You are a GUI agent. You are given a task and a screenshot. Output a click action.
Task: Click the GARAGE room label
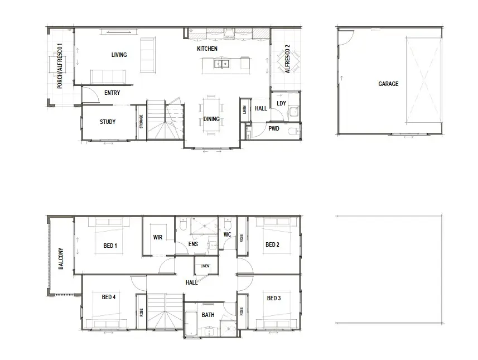point(388,84)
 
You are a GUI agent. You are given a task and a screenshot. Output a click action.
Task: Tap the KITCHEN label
point(207,49)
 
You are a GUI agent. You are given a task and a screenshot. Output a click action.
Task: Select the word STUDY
point(108,122)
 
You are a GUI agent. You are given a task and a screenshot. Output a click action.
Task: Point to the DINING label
point(211,119)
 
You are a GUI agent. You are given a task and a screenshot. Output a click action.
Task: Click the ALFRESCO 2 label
point(287,59)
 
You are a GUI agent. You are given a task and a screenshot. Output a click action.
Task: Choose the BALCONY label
point(61,258)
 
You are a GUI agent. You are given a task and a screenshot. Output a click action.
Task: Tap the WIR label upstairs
point(158,237)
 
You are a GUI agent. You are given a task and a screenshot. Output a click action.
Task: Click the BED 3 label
point(274,298)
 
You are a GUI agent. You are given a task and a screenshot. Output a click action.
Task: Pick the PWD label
point(274,128)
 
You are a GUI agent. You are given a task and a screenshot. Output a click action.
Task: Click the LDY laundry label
point(281,103)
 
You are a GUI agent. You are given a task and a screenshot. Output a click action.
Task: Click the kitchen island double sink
point(221,64)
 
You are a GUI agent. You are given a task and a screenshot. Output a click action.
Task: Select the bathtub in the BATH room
point(191,323)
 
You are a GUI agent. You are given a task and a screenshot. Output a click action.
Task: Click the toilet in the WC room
point(228,225)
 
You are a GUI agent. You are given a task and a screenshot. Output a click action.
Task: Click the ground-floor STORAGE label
point(141,122)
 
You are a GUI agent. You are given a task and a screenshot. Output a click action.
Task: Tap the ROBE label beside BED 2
point(242,238)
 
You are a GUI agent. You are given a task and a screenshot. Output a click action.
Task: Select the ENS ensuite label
point(193,244)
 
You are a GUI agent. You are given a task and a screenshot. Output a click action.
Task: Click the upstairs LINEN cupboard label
point(205,266)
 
